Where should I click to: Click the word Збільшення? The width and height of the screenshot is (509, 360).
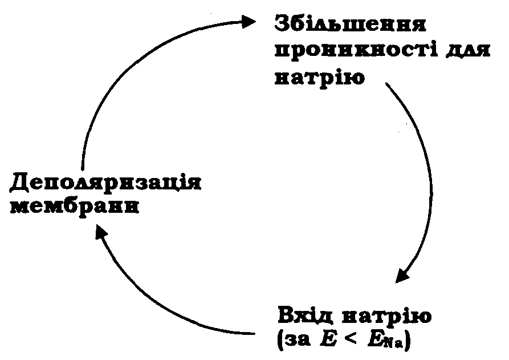click(351, 25)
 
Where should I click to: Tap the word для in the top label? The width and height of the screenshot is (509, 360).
click(467, 51)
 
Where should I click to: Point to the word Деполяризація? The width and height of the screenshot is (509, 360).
click(106, 184)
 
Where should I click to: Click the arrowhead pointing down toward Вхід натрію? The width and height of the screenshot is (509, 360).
click(404, 275)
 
